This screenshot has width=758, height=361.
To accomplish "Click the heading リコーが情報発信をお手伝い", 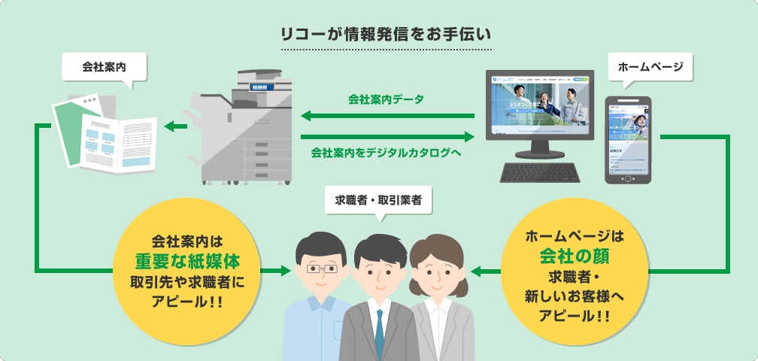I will tap(385, 34).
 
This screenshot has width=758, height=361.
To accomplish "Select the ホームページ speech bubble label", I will tap(650, 67).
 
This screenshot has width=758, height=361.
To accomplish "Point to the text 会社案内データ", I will tap(386, 99).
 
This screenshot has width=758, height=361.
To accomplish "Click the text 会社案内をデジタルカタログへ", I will tap(386, 152).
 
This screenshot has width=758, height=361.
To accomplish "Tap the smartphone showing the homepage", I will tap(628, 139).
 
